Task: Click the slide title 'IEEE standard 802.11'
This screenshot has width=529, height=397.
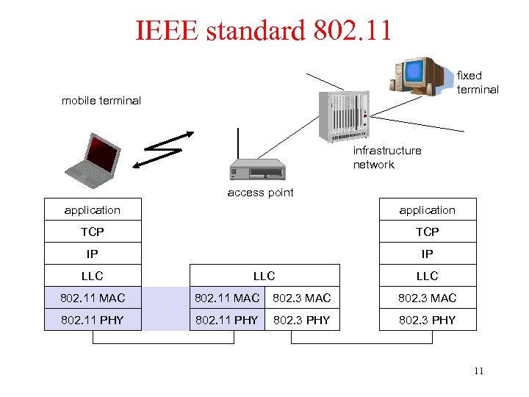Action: (264, 30)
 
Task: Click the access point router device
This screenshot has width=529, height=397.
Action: (256, 169)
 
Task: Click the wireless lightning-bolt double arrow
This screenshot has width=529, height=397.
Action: (165, 150)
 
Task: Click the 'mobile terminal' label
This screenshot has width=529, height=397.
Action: (101, 101)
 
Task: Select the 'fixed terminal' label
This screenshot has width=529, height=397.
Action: (478, 82)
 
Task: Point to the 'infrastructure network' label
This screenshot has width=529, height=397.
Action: (386, 157)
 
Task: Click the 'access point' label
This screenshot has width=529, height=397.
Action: (260, 193)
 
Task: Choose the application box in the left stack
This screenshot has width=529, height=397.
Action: (93, 210)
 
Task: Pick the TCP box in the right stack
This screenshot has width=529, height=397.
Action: (427, 232)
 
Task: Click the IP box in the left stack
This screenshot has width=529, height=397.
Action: (93, 254)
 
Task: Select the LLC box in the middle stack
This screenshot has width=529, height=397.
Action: (264, 276)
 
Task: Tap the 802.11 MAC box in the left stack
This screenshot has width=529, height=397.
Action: (93, 298)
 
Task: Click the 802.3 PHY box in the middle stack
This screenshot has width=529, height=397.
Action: (302, 320)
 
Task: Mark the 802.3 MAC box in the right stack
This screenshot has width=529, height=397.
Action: (427, 298)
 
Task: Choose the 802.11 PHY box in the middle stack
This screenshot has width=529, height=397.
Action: (226, 320)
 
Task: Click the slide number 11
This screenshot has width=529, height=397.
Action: (478, 371)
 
